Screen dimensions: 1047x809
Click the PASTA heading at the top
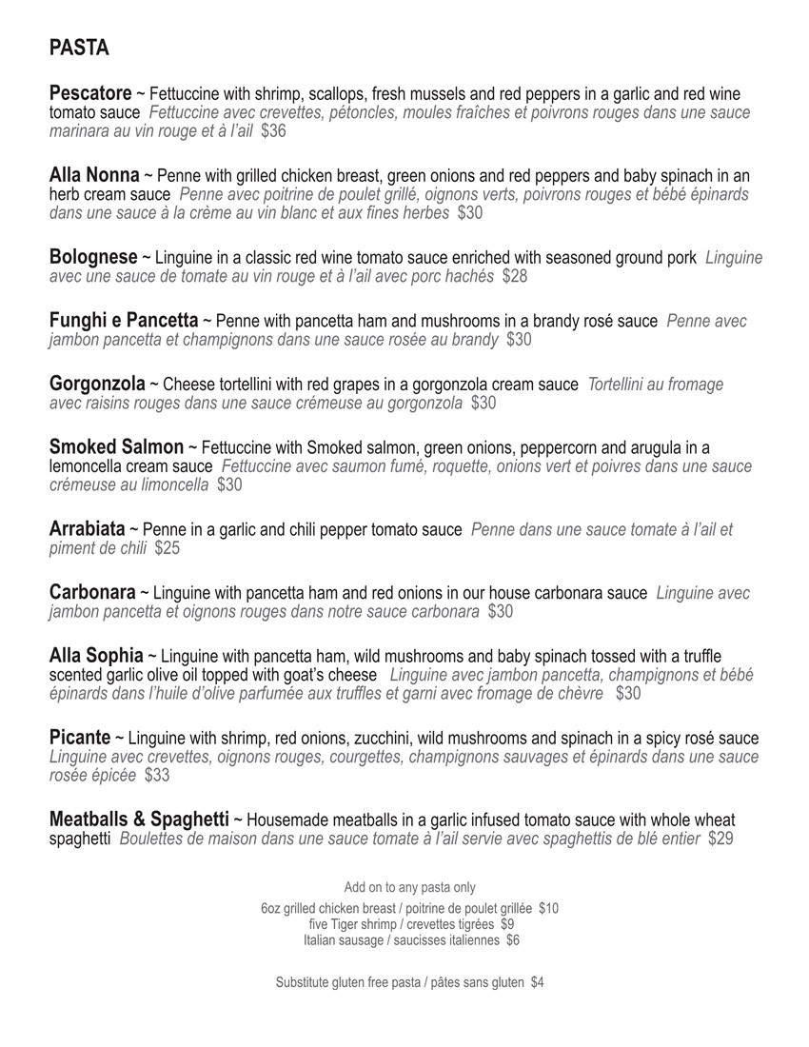coord(79,49)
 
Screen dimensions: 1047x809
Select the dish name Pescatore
coord(90,94)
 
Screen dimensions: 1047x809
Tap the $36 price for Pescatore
coord(273,131)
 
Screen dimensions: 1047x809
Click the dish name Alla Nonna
coord(94,176)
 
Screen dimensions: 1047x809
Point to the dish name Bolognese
coord(93,258)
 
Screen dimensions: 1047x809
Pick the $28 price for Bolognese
coord(515,277)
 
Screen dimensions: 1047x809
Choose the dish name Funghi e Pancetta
coord(124,321)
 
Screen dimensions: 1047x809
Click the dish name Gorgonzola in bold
coord(97,385)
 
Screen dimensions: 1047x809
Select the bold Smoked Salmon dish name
coord(116,447)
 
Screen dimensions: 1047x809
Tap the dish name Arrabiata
coord(87,529)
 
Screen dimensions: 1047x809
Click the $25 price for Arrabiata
coord(168,548)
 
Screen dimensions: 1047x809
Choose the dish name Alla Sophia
coord(96,656)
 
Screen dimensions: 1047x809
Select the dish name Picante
coord(80,738)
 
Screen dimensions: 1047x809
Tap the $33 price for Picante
coord(158,776)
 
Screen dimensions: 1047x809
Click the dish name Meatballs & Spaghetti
coord(139,820)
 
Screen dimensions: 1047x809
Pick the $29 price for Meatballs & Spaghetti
coord(720,839)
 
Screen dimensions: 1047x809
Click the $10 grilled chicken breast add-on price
coord(549,909)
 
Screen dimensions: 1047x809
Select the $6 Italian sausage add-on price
coord(513,940)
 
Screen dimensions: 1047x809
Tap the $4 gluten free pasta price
coord(538,982)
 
